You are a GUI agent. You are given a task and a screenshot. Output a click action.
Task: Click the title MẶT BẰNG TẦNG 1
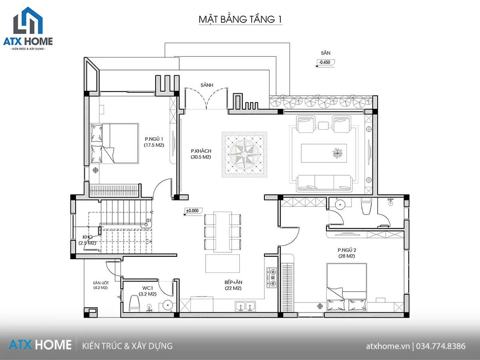240,20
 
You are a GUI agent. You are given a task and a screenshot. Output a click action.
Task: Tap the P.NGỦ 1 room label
154,139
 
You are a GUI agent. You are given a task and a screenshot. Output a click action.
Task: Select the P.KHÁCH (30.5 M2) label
201,154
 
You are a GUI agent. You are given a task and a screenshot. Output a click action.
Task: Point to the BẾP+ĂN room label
233,282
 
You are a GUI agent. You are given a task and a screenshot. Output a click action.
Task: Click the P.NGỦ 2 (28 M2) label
347,253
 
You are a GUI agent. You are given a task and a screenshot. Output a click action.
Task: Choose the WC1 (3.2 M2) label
148,291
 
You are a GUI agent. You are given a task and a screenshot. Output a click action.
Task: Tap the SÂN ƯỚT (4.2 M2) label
100,285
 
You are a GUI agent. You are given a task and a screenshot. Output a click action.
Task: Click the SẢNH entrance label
207,85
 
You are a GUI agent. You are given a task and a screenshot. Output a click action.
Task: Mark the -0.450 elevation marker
325,63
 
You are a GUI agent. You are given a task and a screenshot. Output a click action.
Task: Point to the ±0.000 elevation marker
193,211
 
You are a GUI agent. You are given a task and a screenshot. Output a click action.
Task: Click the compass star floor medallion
244,154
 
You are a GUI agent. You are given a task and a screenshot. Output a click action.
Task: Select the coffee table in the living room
324,153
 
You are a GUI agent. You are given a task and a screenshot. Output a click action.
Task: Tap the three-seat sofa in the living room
324,183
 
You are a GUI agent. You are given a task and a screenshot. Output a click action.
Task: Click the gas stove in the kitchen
272,278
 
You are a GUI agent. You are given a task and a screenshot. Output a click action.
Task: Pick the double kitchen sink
245,306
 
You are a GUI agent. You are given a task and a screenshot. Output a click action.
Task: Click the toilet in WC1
134,303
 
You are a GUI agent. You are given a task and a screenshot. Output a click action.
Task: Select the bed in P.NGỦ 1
114,143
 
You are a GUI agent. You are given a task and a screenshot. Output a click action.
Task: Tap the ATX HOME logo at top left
28,28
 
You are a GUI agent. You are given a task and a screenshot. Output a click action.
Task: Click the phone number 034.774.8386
441,346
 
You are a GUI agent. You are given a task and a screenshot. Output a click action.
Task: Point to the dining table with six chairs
223,232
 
